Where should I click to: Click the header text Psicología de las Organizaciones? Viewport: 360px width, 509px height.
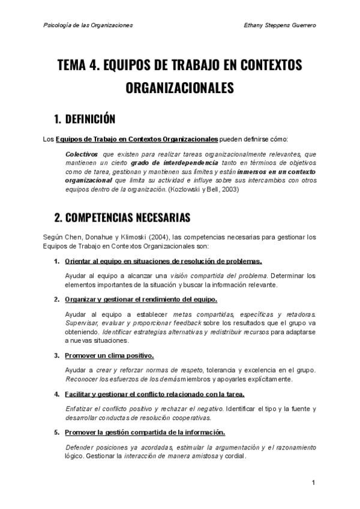coord(88,25)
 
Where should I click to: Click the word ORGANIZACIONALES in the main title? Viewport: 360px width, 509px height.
coord(179,88)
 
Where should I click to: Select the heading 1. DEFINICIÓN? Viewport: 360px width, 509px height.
coord(93,118)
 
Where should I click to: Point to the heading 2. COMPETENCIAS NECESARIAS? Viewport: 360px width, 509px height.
coord(122,217)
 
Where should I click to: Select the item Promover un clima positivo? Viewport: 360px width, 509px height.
coord(109,355)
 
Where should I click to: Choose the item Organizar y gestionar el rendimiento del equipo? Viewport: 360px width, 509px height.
coord(140,299)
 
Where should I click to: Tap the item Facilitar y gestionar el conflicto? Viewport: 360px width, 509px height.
coord(154,394)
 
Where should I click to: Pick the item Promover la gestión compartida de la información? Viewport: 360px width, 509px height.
coord(145,432)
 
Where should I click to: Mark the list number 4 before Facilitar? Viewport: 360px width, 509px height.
coord(56,394)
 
